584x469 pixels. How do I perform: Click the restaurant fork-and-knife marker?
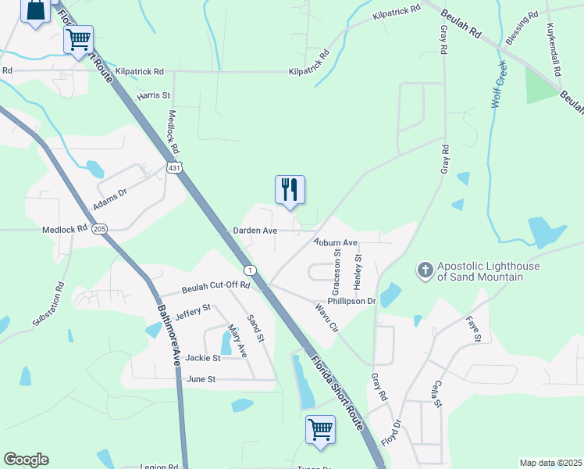(x=290, y=190)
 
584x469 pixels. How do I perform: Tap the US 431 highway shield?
(x=174, y=168)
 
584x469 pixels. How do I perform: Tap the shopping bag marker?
(x=37, y=11)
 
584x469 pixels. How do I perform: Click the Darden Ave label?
(x=255, y=231)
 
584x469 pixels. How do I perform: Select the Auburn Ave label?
(x=335, y=243)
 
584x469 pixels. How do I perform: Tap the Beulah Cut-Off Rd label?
(x=215, y=285)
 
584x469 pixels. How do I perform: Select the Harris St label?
(x=154, y=95)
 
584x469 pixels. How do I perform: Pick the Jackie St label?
(x=203, y=358)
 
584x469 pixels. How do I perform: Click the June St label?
(x=201, y=379)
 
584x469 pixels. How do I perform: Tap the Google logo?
(x=26, y=460)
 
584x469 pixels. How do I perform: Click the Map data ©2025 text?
(x=550, y=463)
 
